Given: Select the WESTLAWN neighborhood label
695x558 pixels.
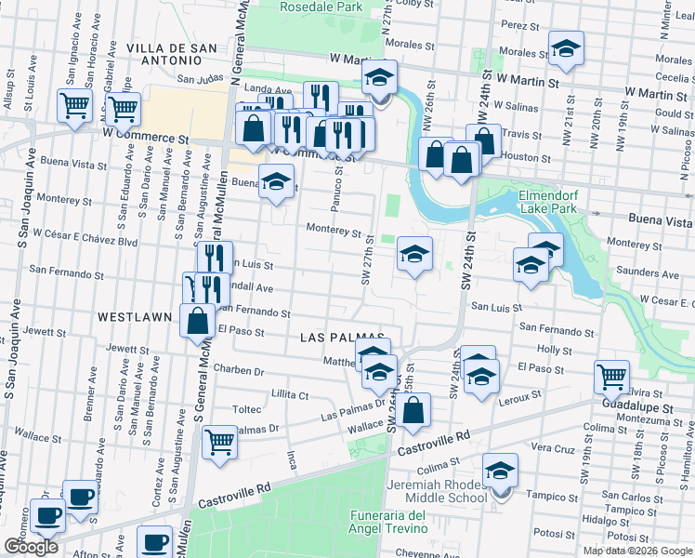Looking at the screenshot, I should tap(135, 317).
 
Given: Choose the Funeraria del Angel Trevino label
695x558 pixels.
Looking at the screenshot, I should tap(388, 522).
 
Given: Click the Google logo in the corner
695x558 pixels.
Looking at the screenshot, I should tap(31, 546).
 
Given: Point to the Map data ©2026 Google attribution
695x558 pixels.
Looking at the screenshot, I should tap(636, 551).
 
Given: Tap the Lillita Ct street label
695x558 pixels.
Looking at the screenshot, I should tap(290, 394).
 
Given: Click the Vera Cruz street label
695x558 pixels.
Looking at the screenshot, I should tap(551, 447).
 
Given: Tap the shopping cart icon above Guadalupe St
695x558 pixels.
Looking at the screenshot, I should tap(612, 376).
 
